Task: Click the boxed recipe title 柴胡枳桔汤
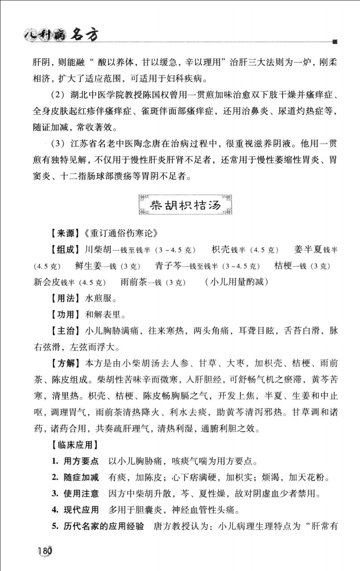185,205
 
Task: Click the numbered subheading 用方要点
81,461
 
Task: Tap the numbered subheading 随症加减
81,477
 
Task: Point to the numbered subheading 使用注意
81,494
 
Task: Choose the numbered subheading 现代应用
81,510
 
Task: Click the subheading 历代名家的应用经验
104,526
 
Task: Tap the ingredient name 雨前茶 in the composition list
133,282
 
